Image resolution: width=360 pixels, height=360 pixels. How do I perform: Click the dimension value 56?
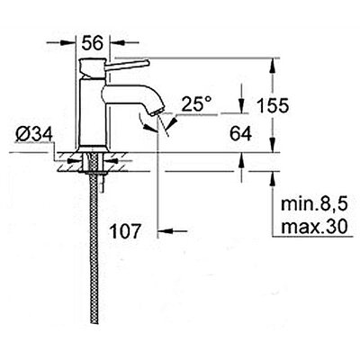point(93,42)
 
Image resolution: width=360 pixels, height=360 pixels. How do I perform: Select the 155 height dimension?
point(273,105)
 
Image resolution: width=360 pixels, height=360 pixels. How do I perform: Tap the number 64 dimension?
point(240,134)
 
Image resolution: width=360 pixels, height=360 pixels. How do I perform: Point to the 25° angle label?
point(197,104)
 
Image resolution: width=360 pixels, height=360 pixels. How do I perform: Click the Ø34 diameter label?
point(34,134)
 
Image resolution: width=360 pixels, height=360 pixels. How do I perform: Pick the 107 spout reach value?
point(125,231)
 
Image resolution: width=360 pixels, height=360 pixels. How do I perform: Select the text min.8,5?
point(314,204)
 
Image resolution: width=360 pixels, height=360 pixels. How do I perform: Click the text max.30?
point(314,227)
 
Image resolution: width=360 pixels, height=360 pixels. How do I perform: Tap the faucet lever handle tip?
point(147,63)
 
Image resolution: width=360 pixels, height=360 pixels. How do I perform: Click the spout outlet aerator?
point(157,112)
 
